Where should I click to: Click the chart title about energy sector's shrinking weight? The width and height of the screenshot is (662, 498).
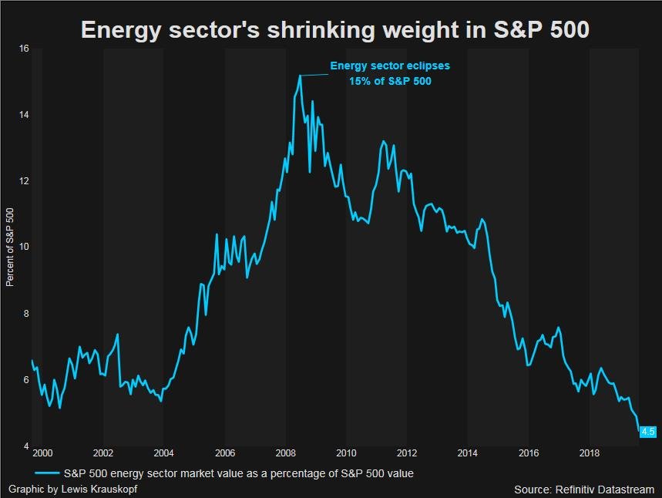[335, 30]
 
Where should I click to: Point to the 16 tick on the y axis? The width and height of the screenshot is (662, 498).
[24, 49]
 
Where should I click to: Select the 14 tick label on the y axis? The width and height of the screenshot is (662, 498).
[24, 115]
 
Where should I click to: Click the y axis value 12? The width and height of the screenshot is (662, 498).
[24, 181]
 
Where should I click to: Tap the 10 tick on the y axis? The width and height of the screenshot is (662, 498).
[24, 247]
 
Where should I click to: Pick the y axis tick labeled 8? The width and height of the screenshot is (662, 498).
[26, 314]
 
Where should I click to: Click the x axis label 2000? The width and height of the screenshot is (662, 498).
[43, 453]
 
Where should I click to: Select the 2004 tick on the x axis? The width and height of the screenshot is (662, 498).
[164, 453]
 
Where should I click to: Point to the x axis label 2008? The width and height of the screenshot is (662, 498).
[286, 453]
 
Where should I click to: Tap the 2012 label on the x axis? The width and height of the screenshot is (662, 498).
[407, 453]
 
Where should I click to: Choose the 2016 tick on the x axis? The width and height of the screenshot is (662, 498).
[529, 453]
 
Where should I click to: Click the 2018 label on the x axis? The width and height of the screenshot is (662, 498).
[590, 453]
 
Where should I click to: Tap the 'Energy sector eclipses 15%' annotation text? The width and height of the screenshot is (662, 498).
[390, 73]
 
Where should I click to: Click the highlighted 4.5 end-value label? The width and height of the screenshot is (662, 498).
[647, 432]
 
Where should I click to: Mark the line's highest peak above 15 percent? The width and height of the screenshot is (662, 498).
[299, 76]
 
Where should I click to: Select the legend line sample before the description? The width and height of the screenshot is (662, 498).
[46, 473]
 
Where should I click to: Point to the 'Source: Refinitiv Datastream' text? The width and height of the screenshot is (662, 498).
[584, 490]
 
